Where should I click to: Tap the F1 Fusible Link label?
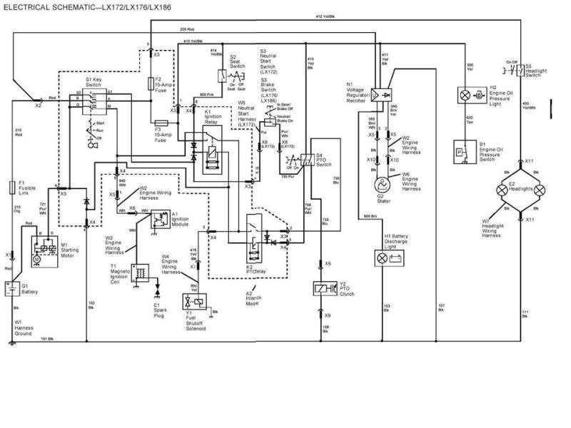click(27, 186)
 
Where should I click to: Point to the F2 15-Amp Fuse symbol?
click(148, 83)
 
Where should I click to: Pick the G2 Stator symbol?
click(380, 181)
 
